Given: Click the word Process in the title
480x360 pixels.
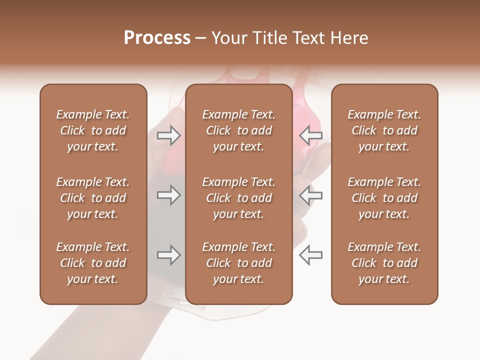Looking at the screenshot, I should pyautogui.click(x=157, y=38).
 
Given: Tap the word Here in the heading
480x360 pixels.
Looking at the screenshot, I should pyautogui.click(x=349, y=38).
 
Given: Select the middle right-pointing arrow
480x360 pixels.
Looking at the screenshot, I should pyautogui.click(x=168, y=195).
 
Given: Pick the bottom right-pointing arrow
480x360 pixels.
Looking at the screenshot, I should pyautogui.click(x=168, y=255).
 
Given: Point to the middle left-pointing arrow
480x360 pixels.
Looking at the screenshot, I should pyautogui.click(x=311, y=195).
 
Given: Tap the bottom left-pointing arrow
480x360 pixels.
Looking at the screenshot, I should pyautogui.click(x=311, y=255).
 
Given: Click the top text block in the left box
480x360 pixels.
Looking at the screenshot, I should pyautogui.click(x=93, y=130).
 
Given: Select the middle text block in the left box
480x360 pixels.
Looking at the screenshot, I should pyautogui.click(x=93, y=198).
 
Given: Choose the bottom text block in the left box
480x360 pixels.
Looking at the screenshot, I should pyautogui.click(x=93, y=263).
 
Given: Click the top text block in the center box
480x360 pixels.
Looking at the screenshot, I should pyautogui.click(x=239, y=130).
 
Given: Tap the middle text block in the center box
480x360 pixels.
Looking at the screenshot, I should pyautogui.click(x=239, y=198).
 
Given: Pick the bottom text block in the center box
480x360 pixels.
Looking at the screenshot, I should pyautogui.click(x=239, y=263).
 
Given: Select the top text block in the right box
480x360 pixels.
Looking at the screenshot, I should pyautogui.click(x=384, y=130).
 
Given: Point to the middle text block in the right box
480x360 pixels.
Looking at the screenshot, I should pyautogui.click(x=384, y=198).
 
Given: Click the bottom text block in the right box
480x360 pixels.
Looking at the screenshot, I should pyautogui.click(x=384, y=263).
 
